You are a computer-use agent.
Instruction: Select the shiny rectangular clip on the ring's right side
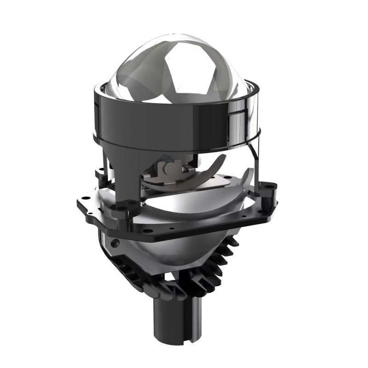(239, 121)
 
